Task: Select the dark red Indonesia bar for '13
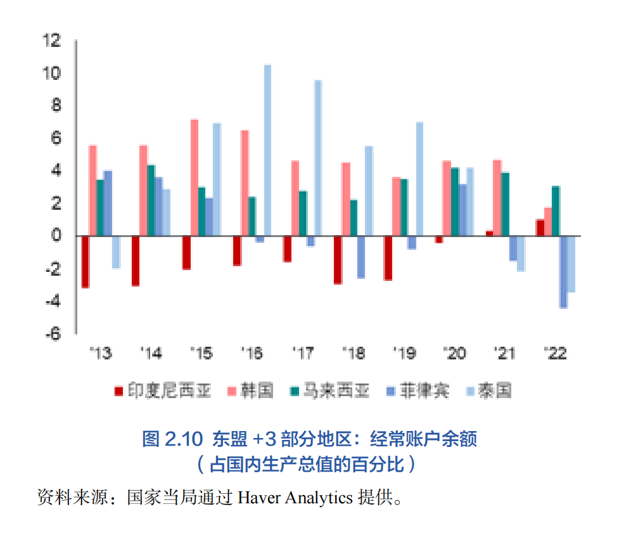click(x=85, y=262)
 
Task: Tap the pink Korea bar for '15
click(x=194, y=177)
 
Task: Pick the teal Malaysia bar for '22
click(x=556, y=211)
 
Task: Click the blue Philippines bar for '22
click(x=563, y=272)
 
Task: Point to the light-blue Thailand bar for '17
click(x=317, y=158)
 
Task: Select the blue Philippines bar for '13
click(x=108, y=203)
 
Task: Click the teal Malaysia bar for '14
click(x=151, y=200)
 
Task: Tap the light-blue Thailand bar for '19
click(x=419, y=179)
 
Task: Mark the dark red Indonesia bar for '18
click(x=338, y=260)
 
